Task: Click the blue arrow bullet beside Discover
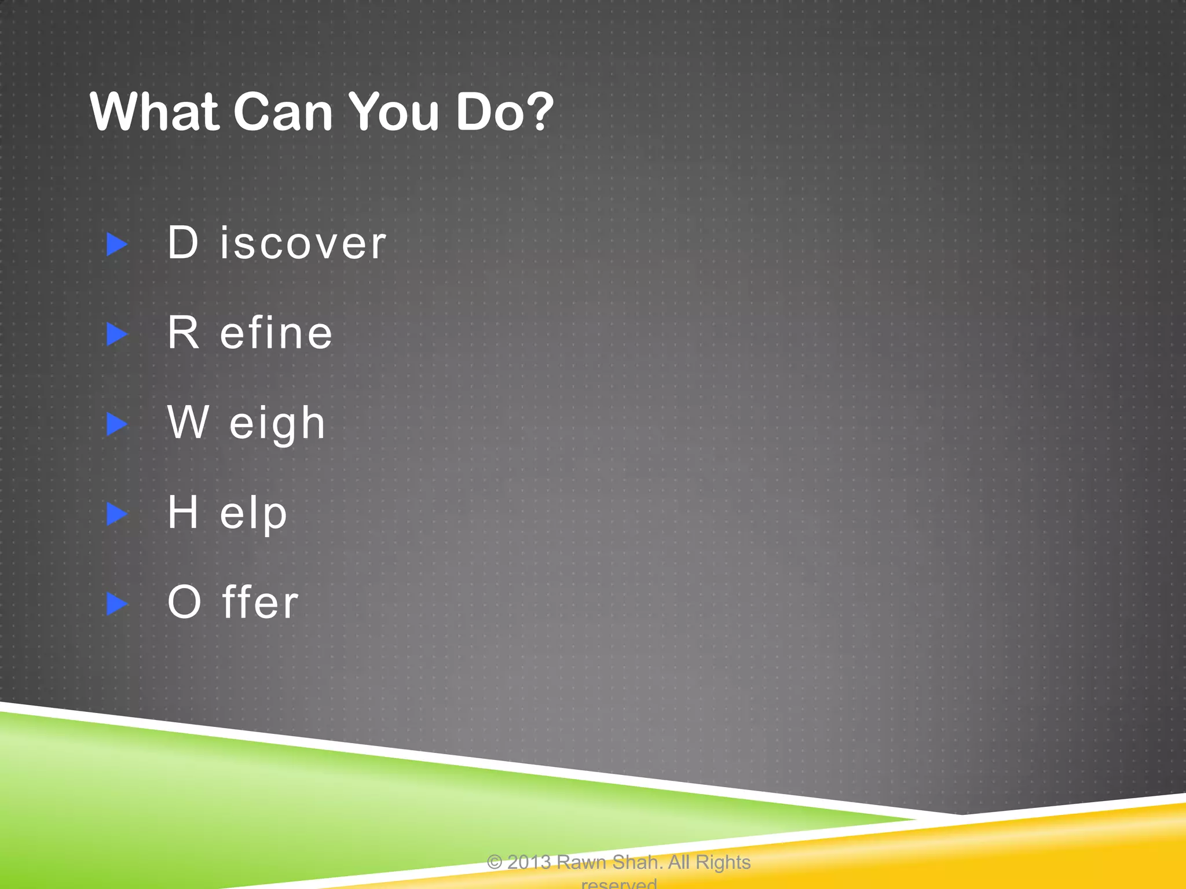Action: (x=117, y=244)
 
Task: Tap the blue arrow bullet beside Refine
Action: (x=117, y=335)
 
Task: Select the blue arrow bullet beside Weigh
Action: (x=117, y=424)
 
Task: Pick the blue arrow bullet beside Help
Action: (x=117, y=514)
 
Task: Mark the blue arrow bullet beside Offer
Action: (x=117, y=604)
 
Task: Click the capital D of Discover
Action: (x=183, y=243)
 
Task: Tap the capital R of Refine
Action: (x=184, y=333)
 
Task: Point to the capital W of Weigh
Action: (x=188, y=423)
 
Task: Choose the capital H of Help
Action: (x=183, y=512)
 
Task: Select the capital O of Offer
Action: (x=184, y=602)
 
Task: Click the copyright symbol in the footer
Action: (x=495, y=863)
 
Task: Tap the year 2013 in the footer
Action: (x=529, y=862)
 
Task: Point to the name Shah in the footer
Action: (x=637, y=862)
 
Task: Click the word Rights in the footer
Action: (x=723, y=862)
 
